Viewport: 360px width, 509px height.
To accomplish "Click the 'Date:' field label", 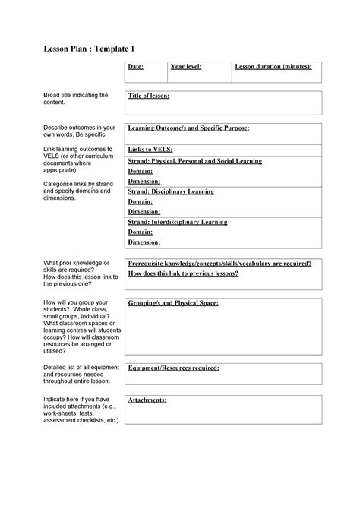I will pyautogui.click(x=136, y=68).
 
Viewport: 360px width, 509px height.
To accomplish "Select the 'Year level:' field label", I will pyautogui.click(x=186, y=68).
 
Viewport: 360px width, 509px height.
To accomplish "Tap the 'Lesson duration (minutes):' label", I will pyautogui.click(x=273, y=68).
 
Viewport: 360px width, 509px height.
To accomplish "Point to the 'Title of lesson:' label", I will pyautogui.click(x=149, y=96).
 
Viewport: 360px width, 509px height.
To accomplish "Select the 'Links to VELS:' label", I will pyautogui.click(x=150, y=150).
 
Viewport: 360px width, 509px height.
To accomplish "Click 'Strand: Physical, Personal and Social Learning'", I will pyautogui.click(x=195, y=161).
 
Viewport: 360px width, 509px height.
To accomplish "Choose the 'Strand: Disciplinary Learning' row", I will pyautogui.click(x=171, y=191).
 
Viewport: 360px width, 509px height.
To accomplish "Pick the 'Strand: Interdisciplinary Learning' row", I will pyautogui.click(x=178, y=222).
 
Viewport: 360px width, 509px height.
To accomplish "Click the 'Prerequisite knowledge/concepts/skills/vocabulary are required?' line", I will pyautogui.click(x=219, y=263).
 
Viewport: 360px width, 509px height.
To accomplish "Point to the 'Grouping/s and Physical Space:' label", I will pyautogui.click(x=173, y=303).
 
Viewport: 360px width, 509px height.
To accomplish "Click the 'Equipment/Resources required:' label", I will pyautogui.click(x=174, y=368).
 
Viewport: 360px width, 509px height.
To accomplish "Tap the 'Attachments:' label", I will pyautogui.click(x=147, y=400).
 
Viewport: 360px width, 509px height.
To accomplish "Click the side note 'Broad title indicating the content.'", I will pyautogui.click(x=76, y=98).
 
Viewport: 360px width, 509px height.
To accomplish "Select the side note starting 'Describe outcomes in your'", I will pyautogui.click(x=80, y=131).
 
